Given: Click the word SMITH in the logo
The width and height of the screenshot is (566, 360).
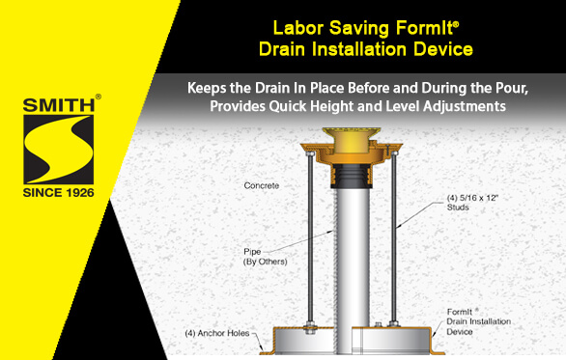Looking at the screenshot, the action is pyautogui.click(x=59, y=105).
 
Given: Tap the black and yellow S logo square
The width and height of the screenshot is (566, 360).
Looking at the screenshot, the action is pyautogui.click(x=59, y=150).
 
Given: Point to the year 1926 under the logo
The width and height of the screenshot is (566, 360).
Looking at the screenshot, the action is pyautogui.click(x=78, y=193).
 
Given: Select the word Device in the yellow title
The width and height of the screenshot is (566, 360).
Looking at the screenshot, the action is pyautogui.click(x=443, y=49).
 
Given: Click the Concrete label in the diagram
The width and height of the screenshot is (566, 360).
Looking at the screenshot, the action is pyautogui.click(x=262, y=185).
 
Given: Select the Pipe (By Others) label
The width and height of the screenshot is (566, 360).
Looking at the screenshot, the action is pyautogui.click(x=266, y=257).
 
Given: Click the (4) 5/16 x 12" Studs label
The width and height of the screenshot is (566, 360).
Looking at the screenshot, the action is pyautogui.click(x=472, y=203).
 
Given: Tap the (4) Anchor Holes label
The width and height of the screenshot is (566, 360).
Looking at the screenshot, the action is pyautogui.click(x=217, y=333).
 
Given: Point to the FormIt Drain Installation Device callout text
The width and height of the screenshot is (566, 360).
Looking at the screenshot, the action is pyautogui.click(x=479, y=321).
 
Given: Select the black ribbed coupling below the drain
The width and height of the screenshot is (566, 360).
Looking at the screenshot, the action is pyautogui.click(x=351, y=176).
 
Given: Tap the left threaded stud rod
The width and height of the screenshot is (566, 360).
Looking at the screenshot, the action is pyautogui.click(x=310, y=238).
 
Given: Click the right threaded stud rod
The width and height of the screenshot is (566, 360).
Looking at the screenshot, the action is pyautogui.click(x=394, y=238).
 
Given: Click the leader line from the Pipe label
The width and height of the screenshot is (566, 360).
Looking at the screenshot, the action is pyautogui.click(x=299, y=241).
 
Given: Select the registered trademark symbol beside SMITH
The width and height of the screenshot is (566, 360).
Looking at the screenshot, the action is pyautogui.click(x=99, y=97).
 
